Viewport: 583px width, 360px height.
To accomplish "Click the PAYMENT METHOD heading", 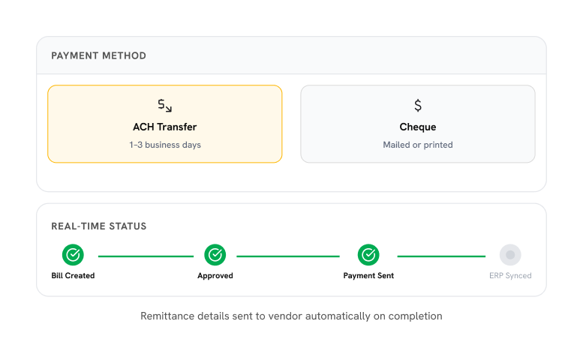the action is click(x=98, y=55).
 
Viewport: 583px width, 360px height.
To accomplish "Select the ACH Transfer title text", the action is click(x=165, y=127).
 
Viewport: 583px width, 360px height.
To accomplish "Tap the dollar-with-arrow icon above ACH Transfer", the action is click(x=165, y=106).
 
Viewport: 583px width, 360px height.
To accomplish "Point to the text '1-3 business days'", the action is click(x=165, y=145).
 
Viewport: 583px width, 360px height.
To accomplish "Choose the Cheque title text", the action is click(x=417, y=127).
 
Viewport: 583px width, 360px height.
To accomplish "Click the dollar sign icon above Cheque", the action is click(x=418, y=106).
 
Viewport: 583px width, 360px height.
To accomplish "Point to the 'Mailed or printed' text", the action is click(x=417, y=145).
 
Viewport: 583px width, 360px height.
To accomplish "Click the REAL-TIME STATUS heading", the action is click(x=99, y=226).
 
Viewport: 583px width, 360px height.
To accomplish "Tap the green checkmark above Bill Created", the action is click(x=73, y=255).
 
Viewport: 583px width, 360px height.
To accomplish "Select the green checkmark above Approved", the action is click(x=215, y=255).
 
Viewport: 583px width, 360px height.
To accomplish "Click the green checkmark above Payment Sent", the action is click(x=368, y=255).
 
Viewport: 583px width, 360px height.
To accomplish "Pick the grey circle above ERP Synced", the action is click(x=510, y=255).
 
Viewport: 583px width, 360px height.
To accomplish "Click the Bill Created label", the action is click(x=73, y=276).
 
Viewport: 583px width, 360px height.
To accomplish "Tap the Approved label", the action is click(x=215, y=276).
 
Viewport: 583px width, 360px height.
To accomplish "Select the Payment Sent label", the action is click(x=368, y=276).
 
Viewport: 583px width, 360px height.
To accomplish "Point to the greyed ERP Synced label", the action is click(x=510, y=276).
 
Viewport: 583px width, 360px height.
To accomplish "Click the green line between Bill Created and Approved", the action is click(x=146, y=256).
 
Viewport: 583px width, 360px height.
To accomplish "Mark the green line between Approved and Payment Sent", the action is click(x=288, y=256).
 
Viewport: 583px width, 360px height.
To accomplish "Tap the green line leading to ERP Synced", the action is click(x=441, y=256).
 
